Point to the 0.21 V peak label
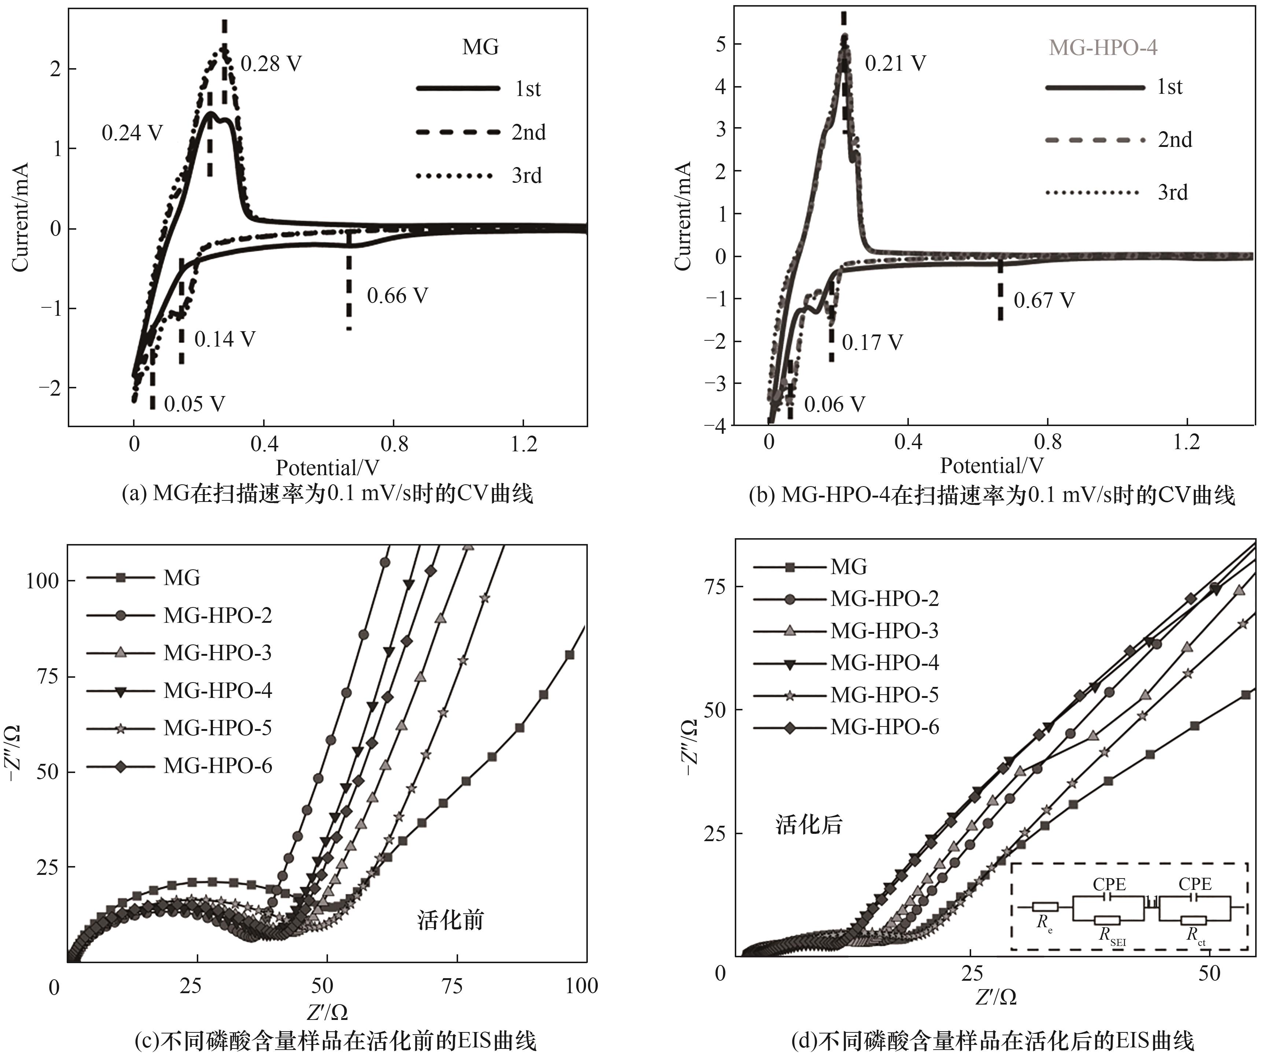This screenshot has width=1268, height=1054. pos(895,63)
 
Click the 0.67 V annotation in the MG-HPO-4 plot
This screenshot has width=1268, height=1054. pos(1044,300)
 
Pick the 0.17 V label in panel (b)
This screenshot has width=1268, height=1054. pos(872,343)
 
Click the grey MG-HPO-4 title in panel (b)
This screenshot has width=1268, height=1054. pos(1103,48)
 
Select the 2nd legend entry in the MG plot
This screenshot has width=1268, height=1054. pos(528,132)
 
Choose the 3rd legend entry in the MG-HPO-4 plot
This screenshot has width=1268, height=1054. pos(1172,193)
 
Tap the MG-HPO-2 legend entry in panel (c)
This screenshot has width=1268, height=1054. pos(217,615)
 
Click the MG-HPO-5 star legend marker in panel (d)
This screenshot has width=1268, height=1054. pos(789,695)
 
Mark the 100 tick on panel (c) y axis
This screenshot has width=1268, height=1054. pos(42,581)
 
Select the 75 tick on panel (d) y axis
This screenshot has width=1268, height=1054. pos(715,586)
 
